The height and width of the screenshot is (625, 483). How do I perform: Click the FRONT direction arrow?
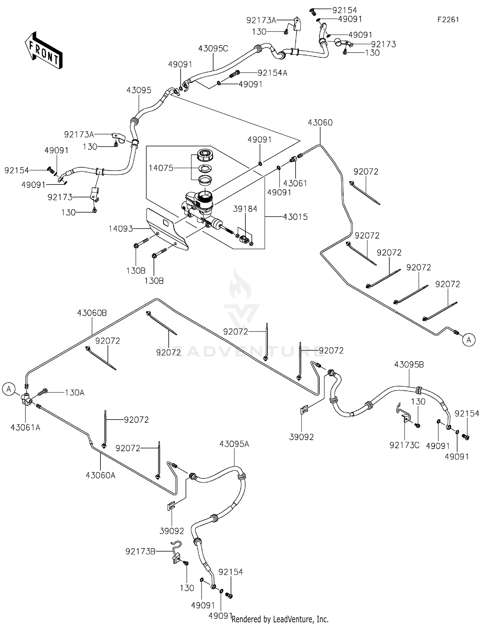(x=43, y=50)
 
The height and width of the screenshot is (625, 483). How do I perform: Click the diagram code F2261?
(x=448, y=20)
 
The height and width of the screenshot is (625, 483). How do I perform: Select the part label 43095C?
(x=213, y=49)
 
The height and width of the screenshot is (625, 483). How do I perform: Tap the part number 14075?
(x=161, y=168)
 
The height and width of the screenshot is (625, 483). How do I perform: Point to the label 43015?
(x=295, y=217)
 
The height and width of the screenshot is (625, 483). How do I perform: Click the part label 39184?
(x=245, y=209)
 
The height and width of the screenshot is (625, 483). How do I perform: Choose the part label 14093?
(x=121, y=229)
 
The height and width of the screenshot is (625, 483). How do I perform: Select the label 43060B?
(x=92, y=313)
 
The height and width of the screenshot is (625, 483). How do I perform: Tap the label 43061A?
(x=25, y=428)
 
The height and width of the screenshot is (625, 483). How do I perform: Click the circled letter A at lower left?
(x=9, y=389)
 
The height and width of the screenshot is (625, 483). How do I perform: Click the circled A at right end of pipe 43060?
(x=469, y=340)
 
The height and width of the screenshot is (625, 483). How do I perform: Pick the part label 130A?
(x=74, y=393)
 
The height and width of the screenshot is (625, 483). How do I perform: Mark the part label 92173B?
(x=140, y=552)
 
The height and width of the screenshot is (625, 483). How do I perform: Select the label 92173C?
(x=404, y=445)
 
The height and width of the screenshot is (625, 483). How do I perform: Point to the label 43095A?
(x=234, y=444)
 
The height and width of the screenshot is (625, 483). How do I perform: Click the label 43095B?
(x=409, y=365)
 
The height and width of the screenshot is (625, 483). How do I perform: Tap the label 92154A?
(x=272, y=73)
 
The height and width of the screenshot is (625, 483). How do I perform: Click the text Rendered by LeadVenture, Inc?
(x=280, y=619)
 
